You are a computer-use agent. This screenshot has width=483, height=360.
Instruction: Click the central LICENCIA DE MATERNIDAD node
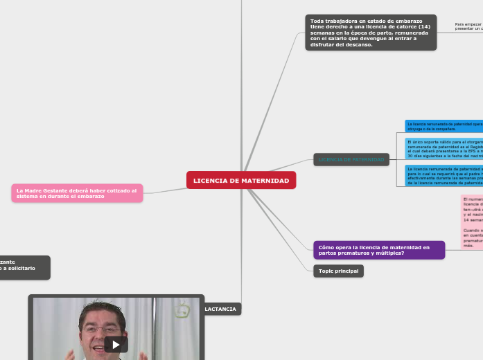click(241, 181)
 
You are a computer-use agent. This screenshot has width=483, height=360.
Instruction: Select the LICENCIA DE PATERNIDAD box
click(351, 160)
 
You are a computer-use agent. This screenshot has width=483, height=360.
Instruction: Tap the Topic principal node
click(338, 271)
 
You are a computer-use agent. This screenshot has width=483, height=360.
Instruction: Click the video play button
click(116, 344)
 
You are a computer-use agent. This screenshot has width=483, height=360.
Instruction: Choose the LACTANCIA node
click(220, 309)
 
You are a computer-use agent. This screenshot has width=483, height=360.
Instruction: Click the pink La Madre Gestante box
click(77, 193)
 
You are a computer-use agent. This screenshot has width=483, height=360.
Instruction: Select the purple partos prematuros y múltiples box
click(378, 250)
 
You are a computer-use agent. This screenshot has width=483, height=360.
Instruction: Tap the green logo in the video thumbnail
click(182, 311)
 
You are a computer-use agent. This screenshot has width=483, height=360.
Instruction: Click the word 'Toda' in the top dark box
click(318, 21)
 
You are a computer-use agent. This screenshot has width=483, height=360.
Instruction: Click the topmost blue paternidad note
click(444, 125)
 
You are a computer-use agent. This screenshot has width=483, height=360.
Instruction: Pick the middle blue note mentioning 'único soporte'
click(444, 148)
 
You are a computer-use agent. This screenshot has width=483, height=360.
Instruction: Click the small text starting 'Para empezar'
click(468, 25)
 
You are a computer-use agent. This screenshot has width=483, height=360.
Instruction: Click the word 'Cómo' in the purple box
click(327, 247)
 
